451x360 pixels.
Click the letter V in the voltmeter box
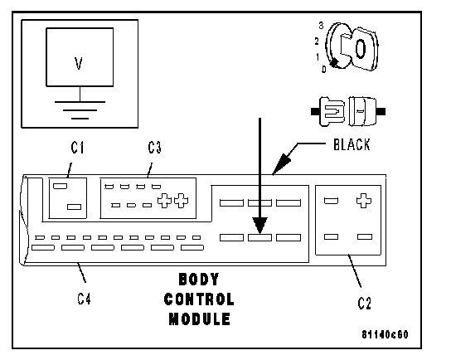coord(79,63)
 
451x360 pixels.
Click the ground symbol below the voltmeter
coord(80,109)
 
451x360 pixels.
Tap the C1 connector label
coord(77,148)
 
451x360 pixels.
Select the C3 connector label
coord(154,148)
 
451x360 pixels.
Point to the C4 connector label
coord(84,299)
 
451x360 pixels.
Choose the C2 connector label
coord(364,304)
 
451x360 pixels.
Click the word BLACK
coord(352,144)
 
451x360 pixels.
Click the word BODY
coord(199,280)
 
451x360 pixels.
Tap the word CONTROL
coord(199,299)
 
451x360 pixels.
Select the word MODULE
coord(199,319)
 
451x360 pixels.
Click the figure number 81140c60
coord(385,334)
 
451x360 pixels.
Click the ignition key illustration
coord(352,47)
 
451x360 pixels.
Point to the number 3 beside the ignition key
coord(322,26)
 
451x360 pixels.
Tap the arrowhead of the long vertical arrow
coord(260,226)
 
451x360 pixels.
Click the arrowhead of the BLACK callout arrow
coord(281,164)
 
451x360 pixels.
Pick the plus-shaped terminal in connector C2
coord(364,201)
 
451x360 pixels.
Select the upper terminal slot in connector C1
coord(61,186)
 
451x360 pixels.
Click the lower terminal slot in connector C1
coord(75,207)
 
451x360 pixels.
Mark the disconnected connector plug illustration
coord(348,111)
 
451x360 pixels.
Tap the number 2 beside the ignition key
coord(317,41)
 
